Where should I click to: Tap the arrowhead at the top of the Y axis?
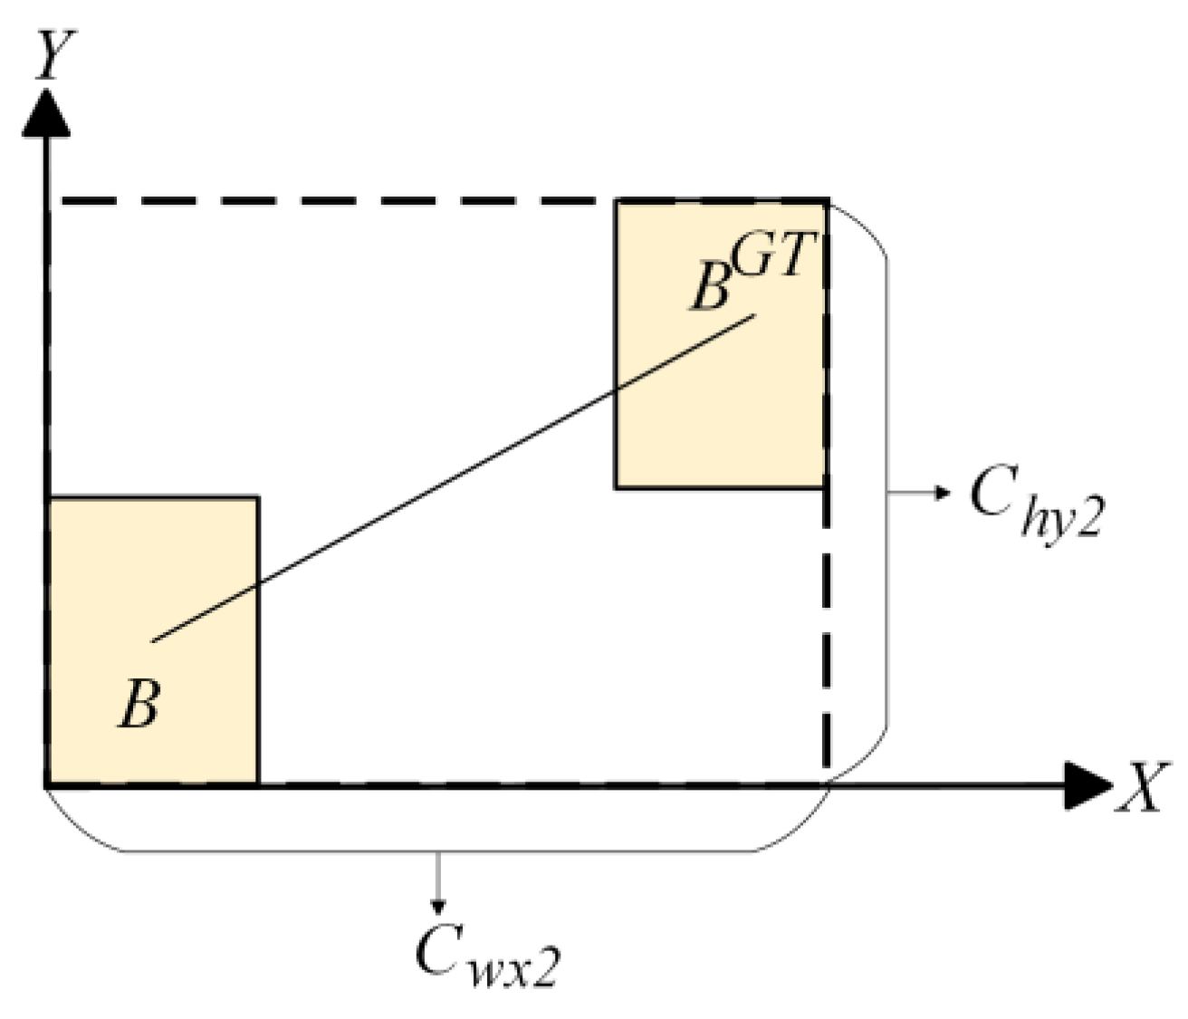[x=45, y=112]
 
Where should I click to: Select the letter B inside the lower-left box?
[x=139, y=705]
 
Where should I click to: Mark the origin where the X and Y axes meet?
[x=46, y=784]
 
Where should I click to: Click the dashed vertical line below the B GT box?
[x=826, y=634]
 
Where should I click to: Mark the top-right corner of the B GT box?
[x=826, y=199]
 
